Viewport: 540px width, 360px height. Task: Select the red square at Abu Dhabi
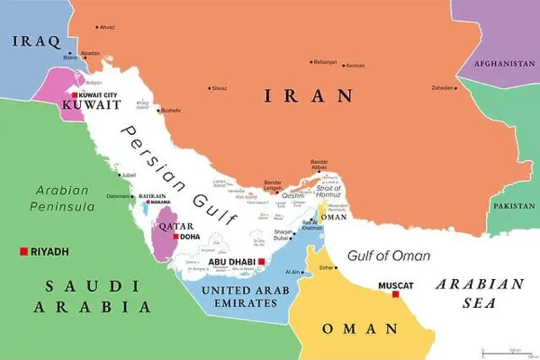(x=261, y=262)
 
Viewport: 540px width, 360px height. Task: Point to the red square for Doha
(x=175, y=237)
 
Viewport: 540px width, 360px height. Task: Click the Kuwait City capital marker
(x=76, y=94)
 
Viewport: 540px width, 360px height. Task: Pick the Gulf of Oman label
(x=390, y=256)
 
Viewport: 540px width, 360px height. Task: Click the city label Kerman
(x=355, y=65)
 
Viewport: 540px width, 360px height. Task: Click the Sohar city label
(x=327, y=267)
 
